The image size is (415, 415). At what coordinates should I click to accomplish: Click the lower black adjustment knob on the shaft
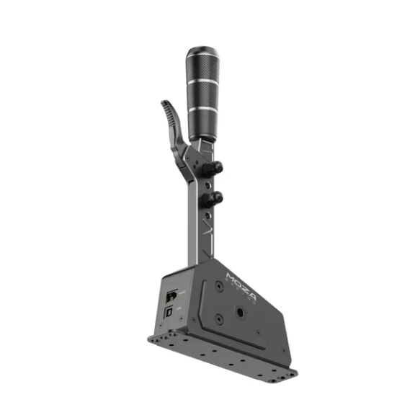tap(214, 198)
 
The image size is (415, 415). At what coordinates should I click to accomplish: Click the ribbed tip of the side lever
tap(167, 110)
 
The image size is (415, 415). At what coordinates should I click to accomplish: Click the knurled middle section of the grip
tap(202, 94)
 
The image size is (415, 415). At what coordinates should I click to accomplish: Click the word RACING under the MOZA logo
tap(245, 287)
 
